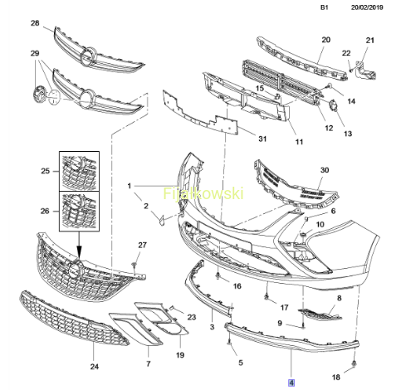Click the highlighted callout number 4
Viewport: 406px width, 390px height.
point(291,383)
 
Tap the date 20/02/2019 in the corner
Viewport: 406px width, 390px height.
point(367,7)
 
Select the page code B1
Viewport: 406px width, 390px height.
point(325,7)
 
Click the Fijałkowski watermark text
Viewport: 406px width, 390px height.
point(203,194)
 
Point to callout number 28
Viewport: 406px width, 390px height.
point(35,23)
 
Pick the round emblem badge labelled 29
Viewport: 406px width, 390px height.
point(38,95)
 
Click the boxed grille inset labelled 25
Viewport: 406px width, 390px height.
point(80,171)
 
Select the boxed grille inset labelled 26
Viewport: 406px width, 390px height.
point(80,211)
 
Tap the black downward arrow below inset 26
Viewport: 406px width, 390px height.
point(79,245)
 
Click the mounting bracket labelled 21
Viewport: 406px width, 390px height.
point(365,71)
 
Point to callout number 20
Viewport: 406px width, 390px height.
point(326,40)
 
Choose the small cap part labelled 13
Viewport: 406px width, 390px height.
point(333,106)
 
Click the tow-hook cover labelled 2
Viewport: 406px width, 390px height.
point(161,220)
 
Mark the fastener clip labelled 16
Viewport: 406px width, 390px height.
point(218,275)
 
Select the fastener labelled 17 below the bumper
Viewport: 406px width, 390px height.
point(267,297)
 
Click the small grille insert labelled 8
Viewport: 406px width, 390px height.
point(320,315)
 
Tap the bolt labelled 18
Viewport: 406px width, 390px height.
point(354,363)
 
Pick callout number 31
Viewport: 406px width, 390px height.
point(262,139)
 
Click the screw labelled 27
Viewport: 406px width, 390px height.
point(135,265)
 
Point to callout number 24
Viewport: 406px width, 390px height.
point(95,367)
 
